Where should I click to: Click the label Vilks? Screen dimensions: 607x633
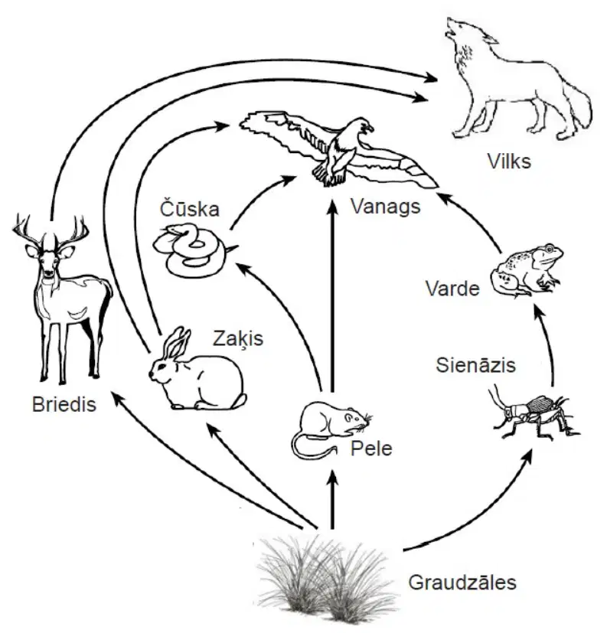(508, 161)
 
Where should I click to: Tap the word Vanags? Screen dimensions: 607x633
(386, 207)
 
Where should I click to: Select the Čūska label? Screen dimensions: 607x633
(190, 208)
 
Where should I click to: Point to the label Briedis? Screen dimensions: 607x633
(64, 404)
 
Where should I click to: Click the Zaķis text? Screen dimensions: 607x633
(238, 338)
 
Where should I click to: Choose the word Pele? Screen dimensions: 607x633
(371, 448)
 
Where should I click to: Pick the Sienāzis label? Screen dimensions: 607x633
(476, 365)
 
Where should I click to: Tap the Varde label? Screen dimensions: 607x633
(453, 289)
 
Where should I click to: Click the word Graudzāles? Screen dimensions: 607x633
(462, 582)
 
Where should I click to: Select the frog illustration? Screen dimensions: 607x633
(527, 269)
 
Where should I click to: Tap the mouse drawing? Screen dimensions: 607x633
(331, 429)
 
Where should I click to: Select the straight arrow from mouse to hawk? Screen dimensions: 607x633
(332, 295)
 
